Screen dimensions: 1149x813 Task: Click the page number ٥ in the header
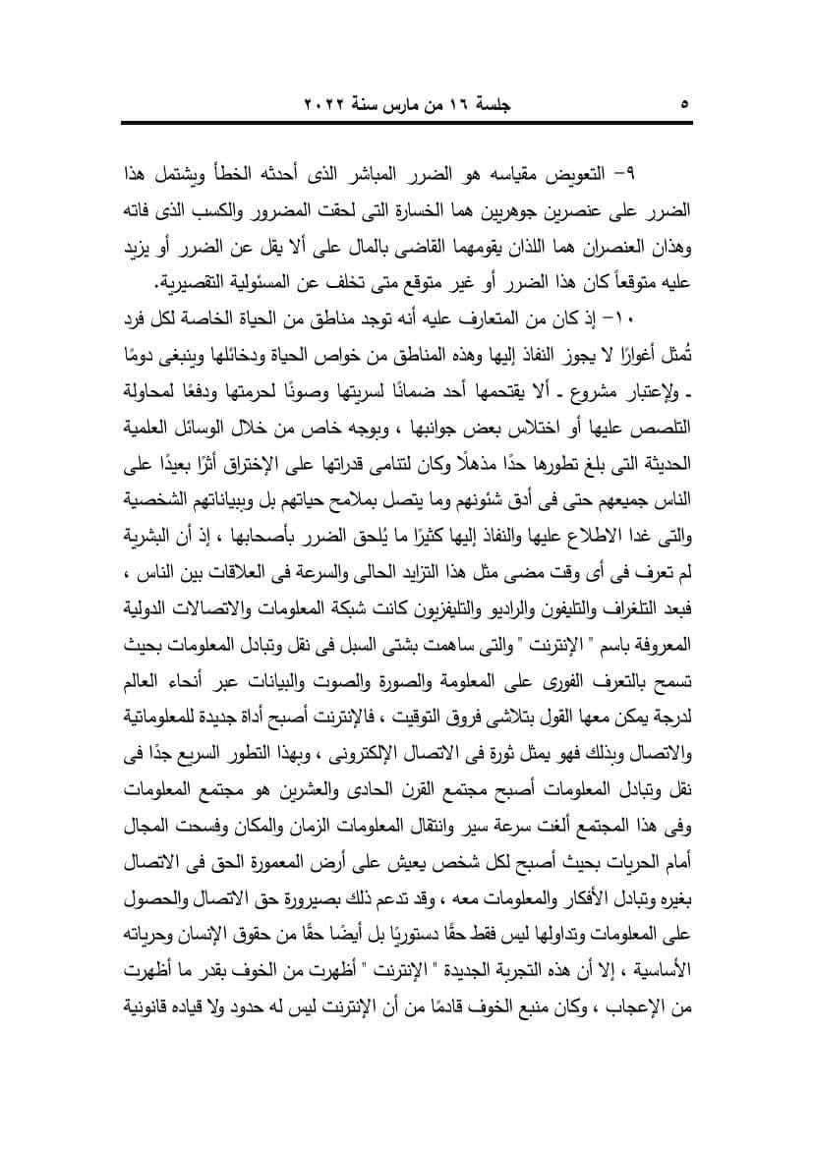click(x=684, y=103)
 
